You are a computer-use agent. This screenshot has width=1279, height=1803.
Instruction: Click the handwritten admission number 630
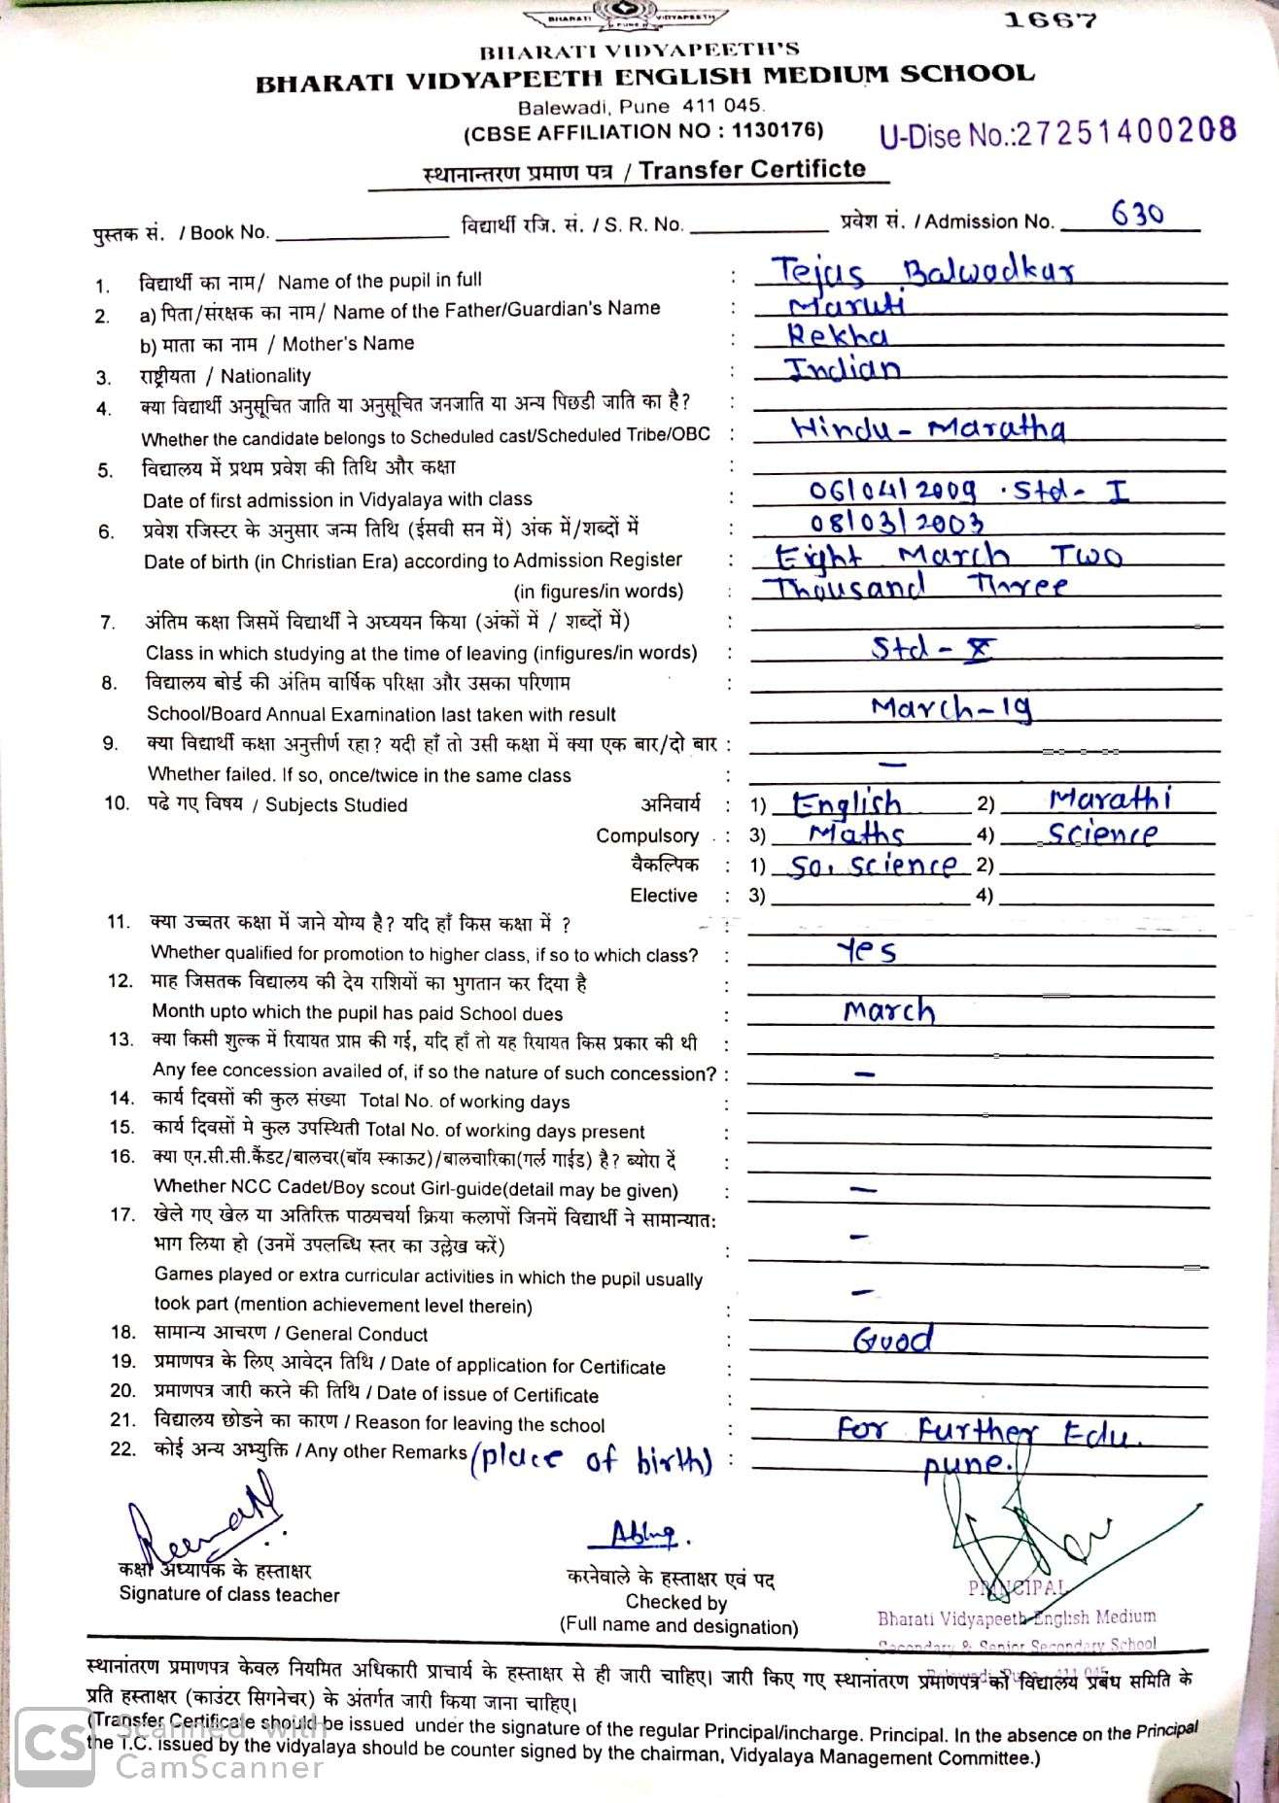[x=1137, y=214]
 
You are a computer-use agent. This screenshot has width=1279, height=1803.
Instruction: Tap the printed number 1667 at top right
[x=1051, y=20]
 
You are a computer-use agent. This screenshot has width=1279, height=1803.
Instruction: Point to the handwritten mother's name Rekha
[x=837, y=335]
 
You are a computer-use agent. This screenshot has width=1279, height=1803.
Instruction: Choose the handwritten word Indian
[x=843, y=368]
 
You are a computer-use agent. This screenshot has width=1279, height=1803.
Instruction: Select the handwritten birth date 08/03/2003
[x=896, y=523]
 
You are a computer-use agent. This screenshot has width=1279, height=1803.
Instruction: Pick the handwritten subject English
[x=847, y=804]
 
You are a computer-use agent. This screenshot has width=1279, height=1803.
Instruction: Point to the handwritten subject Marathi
[x=1110, y=799]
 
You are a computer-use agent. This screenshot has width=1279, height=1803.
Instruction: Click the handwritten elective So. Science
[x=872, y=866]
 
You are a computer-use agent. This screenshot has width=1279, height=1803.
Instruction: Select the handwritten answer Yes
[x=867, y=950]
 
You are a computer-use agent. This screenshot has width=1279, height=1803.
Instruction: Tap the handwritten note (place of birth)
[x=591, y=1460]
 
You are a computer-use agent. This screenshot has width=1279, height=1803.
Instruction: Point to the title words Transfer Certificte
[x=752, y=170]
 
